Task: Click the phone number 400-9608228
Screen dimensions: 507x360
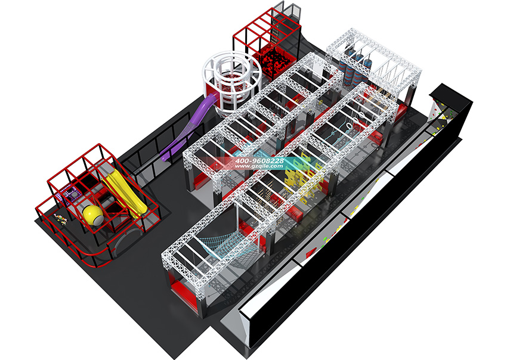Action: point(259,160)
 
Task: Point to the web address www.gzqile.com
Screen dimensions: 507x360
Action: point(259,166)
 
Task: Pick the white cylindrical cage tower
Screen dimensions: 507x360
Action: point(232,83)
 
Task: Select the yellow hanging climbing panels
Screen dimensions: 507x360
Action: point(302,175)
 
